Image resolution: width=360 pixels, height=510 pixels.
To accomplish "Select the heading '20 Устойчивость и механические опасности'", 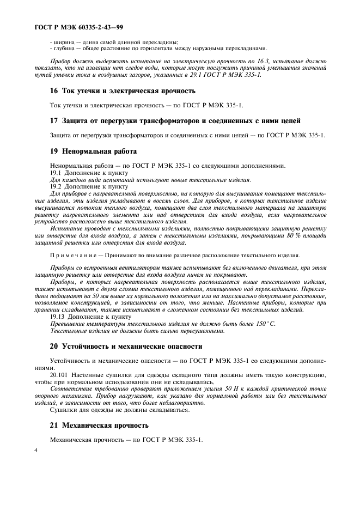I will click(x=126, y=346).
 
